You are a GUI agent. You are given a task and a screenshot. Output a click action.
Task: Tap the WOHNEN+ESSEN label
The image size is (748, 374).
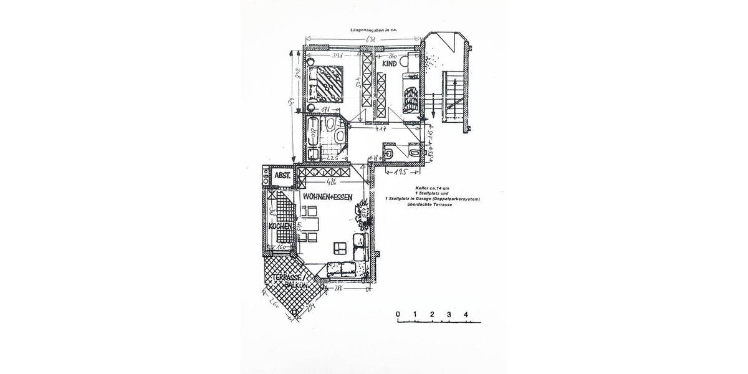tap(328, 196)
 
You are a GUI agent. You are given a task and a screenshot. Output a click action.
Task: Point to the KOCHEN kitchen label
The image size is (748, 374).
tap(280, 226)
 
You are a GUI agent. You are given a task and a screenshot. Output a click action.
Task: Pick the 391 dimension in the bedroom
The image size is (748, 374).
tap(338, 55)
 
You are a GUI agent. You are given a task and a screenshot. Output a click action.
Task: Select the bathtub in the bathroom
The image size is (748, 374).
tap(312, 132)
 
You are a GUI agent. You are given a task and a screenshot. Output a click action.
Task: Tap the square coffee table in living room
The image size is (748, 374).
tap(340, 247)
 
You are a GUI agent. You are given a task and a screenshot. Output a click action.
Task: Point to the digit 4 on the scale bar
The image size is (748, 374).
tap(466, 314)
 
